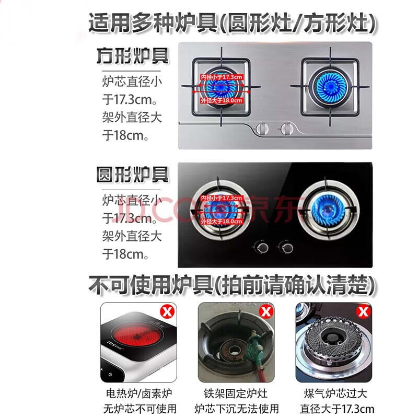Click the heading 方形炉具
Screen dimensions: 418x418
pyautogui.click(x=133, y=56)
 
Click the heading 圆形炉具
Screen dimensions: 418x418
pyautogui.click(x=133, y=175)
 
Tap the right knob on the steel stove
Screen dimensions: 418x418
pyautogui.click(x=285, y=127)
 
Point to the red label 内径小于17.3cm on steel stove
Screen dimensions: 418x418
pyautogui.click(x=222, y=77)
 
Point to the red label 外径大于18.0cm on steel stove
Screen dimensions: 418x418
pyautogui.click(x=222, y=100)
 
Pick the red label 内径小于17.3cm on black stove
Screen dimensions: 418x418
pyautogui.click(x=222, y=198)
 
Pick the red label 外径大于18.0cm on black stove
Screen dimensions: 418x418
pyautogui.click(x=222, y=222)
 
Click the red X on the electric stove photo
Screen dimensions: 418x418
pyautogui.click(x=167, y=312)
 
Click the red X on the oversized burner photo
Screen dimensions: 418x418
pyautogui.click(x=362, y=312)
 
